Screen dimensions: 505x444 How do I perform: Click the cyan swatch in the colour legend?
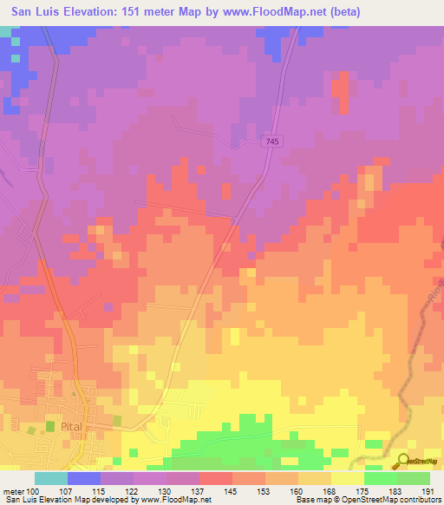(50, 478)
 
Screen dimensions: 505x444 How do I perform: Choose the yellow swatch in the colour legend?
(347, 478)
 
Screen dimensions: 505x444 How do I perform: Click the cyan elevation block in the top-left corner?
(7, 31)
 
